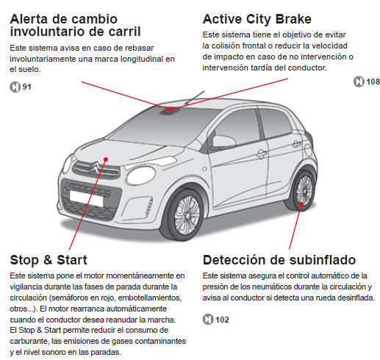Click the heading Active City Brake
tap(257, 19)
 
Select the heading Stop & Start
tap(49, 260)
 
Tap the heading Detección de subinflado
tap(279, 260)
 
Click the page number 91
tap(26, 87)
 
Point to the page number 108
tap(373, 82)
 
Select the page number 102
tap(222, 320)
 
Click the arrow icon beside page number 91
tap(15, 87)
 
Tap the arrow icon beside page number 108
tap(359, 82)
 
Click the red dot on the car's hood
tap(106, 159)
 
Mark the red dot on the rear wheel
tap(301, 204)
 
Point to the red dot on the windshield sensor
tap(171, 109)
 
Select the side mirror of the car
tap(223, 141)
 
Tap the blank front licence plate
tap(86, 198)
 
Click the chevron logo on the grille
tap(95, 168)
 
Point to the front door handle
tap(262, 154)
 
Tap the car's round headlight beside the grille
tap(141, 176)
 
